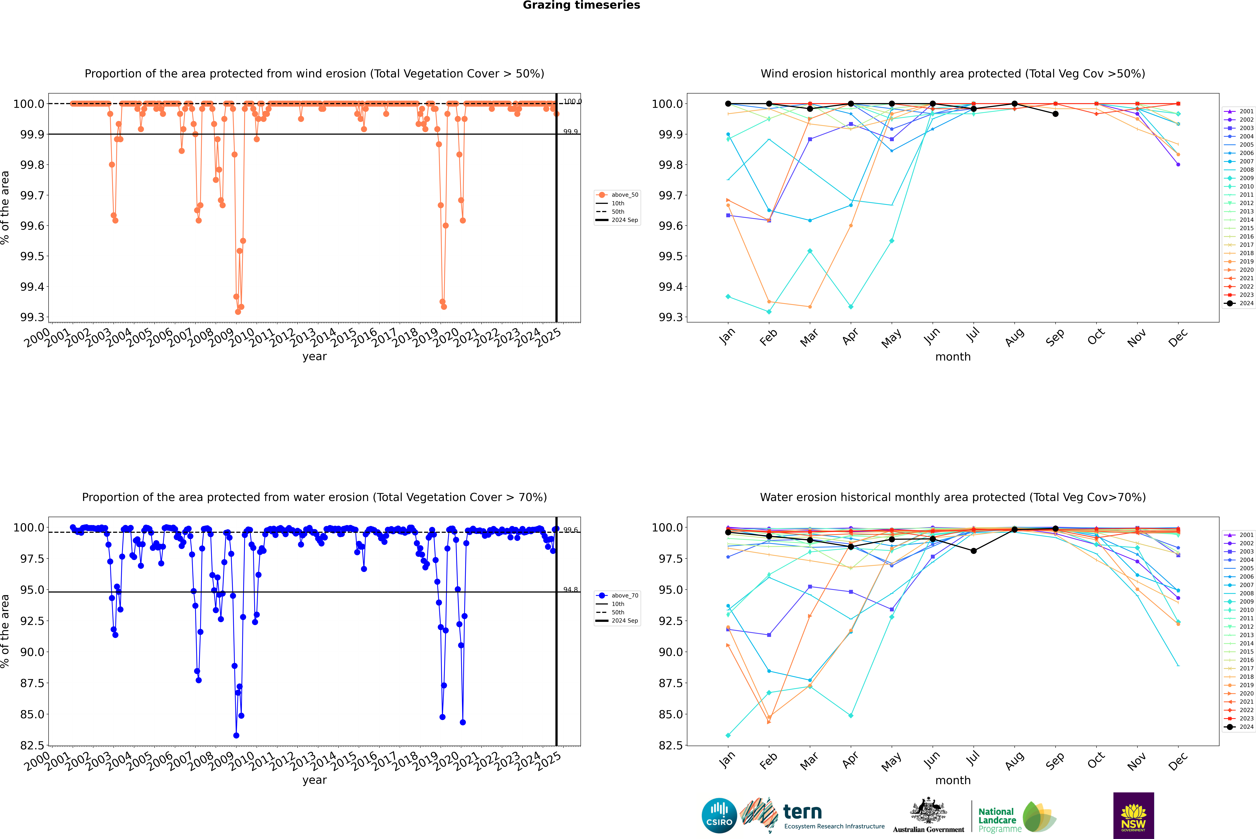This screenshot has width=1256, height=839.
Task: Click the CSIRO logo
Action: pos(719,815)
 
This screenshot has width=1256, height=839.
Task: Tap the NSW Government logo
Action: pos(1133,815)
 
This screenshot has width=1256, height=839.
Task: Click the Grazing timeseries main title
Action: pos(581,5)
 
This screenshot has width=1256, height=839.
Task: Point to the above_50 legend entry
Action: pos(624,195)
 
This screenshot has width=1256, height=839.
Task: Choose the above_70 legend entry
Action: pos(624,596)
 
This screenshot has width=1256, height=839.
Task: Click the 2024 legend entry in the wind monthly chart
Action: pos(1246,303)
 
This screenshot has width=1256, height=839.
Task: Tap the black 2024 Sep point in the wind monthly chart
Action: pos(1055,114)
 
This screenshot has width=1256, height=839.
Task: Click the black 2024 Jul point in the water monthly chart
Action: pos(973,551)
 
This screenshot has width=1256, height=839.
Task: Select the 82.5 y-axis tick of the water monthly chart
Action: pos(670,745)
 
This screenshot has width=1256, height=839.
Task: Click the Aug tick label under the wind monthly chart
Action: pos(1015,337)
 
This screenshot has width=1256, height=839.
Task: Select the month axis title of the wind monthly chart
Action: pos(953,357)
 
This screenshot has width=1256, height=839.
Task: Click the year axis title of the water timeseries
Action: pos(314,780)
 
